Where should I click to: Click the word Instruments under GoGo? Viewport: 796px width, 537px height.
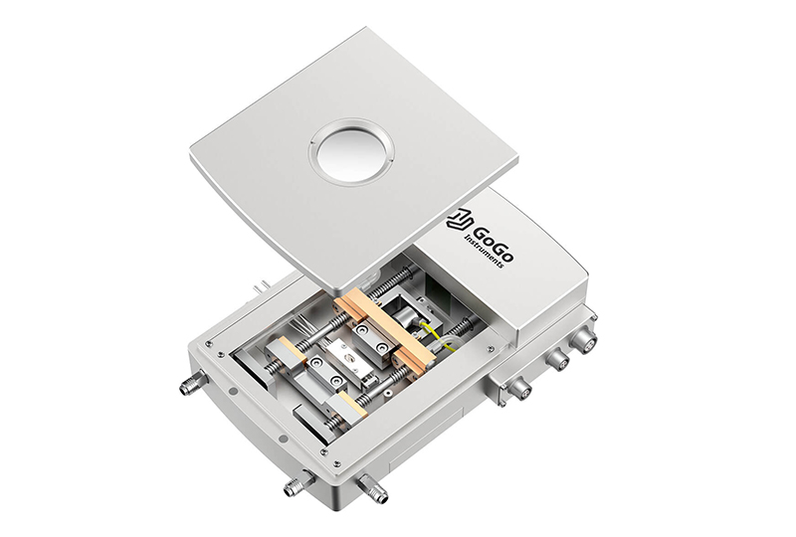[485, 252]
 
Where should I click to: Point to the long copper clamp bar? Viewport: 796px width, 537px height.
[384, 329]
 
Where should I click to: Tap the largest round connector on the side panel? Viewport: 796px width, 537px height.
[582, 339]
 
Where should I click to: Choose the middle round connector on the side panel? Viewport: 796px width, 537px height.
[557, 360]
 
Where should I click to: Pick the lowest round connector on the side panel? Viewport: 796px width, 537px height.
[519, 389]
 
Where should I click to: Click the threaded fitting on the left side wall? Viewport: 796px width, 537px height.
[193, 382]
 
